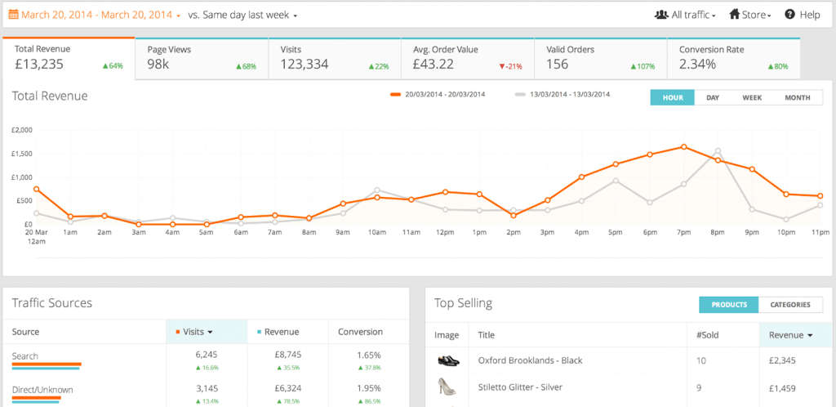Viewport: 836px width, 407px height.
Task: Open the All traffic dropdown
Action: click(685, 15)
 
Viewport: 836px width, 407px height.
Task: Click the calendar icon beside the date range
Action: click(13, 15)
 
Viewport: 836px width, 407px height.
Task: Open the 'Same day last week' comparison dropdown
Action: click(242, 15)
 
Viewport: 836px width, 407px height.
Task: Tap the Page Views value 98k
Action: click(158, 64)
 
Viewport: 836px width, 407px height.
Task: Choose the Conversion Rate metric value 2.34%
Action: click(697, 64)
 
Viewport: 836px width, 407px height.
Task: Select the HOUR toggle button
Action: click(672, 97)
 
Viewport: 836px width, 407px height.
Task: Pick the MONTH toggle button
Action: click(797, 97)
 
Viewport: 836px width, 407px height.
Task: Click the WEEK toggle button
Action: click(752, 97)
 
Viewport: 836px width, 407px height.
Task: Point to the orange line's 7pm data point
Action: click(683, 147)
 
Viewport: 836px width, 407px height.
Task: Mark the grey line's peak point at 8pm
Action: click(718, 151)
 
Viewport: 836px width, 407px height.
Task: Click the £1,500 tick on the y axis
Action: click(22, 154)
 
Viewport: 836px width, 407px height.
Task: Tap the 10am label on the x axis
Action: click(377, 232)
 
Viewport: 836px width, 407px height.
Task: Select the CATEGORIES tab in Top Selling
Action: click(790, 305)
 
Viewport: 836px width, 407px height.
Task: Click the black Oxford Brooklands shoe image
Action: click(448, 360)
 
